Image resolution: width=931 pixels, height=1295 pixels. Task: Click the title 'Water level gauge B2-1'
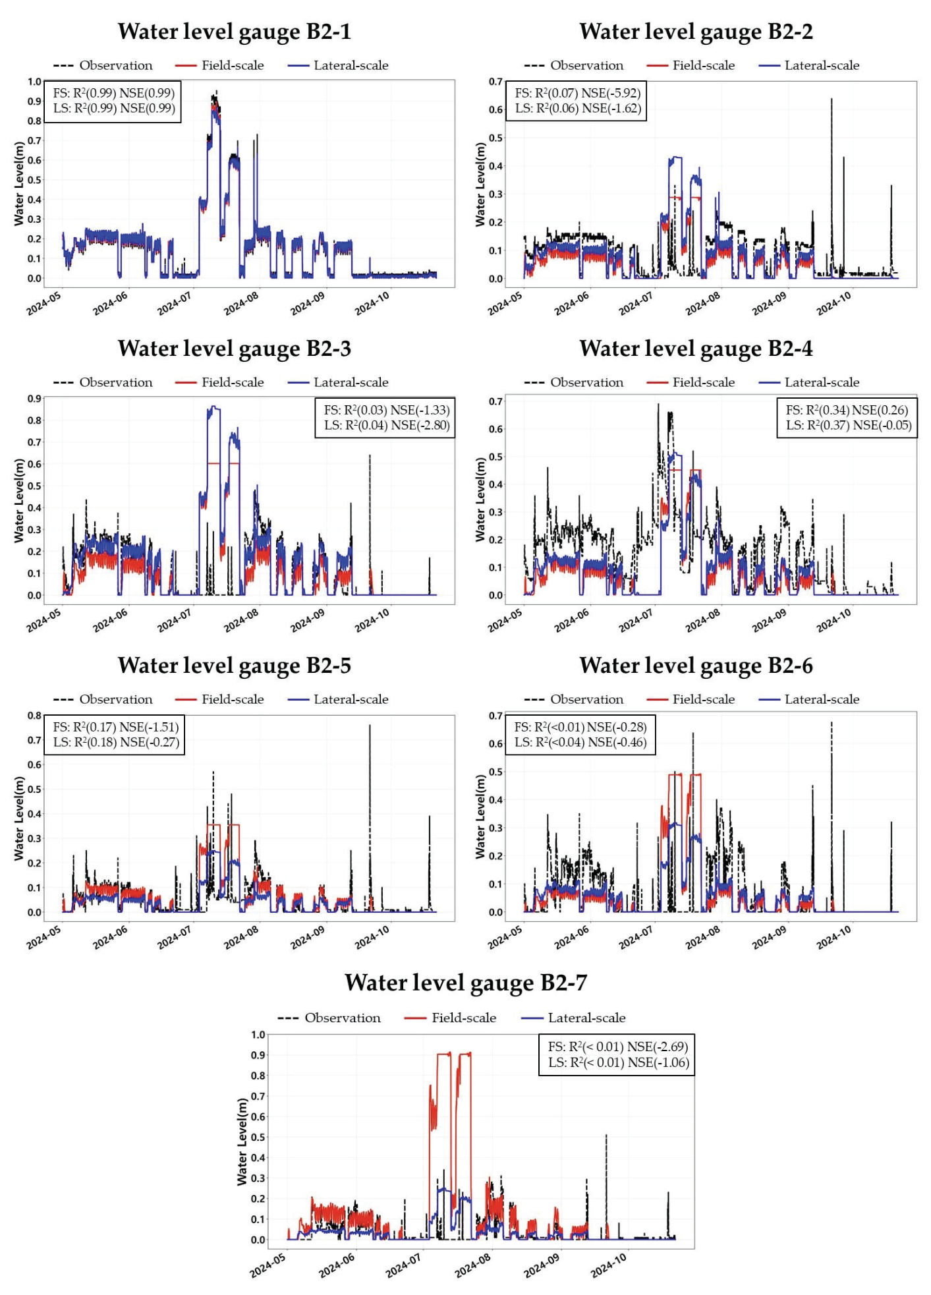click(x=234, y=32)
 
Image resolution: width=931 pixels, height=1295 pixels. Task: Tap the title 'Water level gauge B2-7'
click(x=465, y=983)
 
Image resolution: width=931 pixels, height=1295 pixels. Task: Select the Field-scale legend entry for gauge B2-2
click(x=691, y=65)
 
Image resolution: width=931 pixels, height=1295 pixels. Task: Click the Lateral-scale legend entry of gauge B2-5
click(x=338, y=699)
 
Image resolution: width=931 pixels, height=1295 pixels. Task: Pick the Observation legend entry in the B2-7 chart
click(x=329, y=1018)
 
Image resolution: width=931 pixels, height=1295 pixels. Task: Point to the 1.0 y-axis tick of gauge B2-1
click(x=34, y=82)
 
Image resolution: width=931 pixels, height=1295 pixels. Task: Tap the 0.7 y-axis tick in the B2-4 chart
click(x=495, y=401)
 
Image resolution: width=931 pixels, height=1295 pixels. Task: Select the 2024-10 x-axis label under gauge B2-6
click(x=834, y=937)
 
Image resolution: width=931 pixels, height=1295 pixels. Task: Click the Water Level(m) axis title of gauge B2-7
click(x=242, y=1142)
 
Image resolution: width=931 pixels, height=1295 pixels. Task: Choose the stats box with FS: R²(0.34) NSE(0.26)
click(x=847, y=418)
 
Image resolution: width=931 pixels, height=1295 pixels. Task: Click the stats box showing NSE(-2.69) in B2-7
click(x=617, y=1054)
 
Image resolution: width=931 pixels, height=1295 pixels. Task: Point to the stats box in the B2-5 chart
click(x=115, y=735)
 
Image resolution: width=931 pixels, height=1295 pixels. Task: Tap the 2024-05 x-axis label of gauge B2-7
click(x=268, y=1265)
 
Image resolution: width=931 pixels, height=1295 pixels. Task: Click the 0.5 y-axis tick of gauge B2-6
click(x=495, y=772)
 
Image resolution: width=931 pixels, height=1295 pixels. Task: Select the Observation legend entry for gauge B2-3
click(x=103, y=382)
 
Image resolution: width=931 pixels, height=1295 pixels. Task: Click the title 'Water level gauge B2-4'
click(x=696, y=349)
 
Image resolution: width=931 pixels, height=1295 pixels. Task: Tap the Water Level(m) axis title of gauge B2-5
click(x=19, y=818)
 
